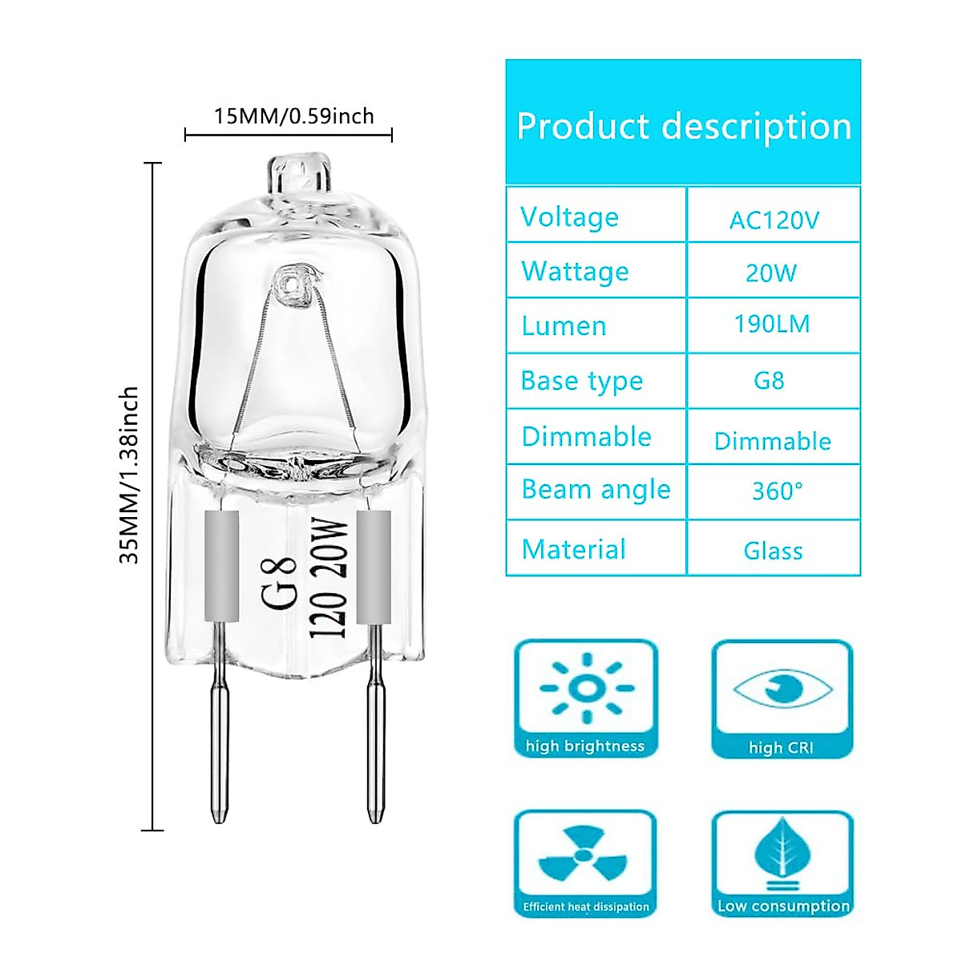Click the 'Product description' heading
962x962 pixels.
(x=683, y=127)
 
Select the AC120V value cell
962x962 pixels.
(x=774, y=220)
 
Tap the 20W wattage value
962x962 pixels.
(x=771, y=273)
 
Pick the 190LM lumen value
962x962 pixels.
(x=772, y=325)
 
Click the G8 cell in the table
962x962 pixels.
(x=769, y=380)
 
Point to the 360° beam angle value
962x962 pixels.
(x=777, y=491)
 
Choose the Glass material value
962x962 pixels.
(x=773, y=551)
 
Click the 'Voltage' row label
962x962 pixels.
(x=569, y=217)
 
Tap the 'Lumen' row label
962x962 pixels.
(x=564, y=326)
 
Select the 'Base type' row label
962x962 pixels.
(x=581, y=381)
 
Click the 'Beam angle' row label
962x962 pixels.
(x=596, y=490)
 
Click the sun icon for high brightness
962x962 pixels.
(x=586, y=688)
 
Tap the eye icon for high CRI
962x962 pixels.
(x=782, y=688)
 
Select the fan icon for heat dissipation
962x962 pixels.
(x=584, y=855)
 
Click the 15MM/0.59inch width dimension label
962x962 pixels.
(x=293, y=116)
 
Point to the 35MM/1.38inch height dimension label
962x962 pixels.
(x=129, y=475)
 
